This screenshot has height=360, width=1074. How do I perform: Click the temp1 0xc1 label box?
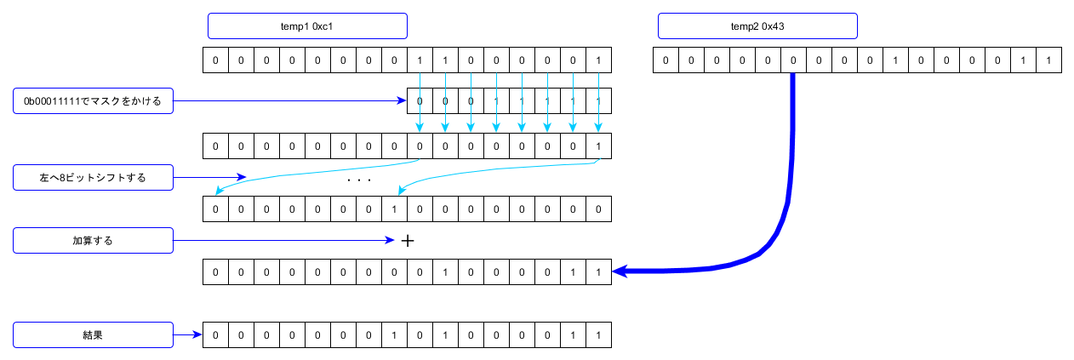tap(307, 26)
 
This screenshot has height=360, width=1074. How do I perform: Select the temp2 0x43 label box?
tap(757, 26)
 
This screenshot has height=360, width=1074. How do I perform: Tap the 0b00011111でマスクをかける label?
tap(93, 101)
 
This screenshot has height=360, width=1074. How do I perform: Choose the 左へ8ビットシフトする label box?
tap(93, 178)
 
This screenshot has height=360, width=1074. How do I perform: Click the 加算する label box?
tap(93, 241)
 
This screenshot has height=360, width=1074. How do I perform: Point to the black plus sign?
tap(408, 241)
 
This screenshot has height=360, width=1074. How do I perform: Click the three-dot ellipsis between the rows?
tap(359, 180)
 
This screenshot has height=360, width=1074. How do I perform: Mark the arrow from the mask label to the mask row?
tap(289, 101)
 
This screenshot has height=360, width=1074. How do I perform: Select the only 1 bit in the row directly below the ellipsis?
tap(394, 209)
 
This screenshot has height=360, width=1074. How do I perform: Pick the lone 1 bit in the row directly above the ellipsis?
tap(598, 146)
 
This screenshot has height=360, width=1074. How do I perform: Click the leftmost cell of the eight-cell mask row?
tap(420, 101)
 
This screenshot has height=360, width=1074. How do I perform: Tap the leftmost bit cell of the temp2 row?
tap(666, 60)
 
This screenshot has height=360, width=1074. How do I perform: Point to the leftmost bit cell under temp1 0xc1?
tap(216, 60)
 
